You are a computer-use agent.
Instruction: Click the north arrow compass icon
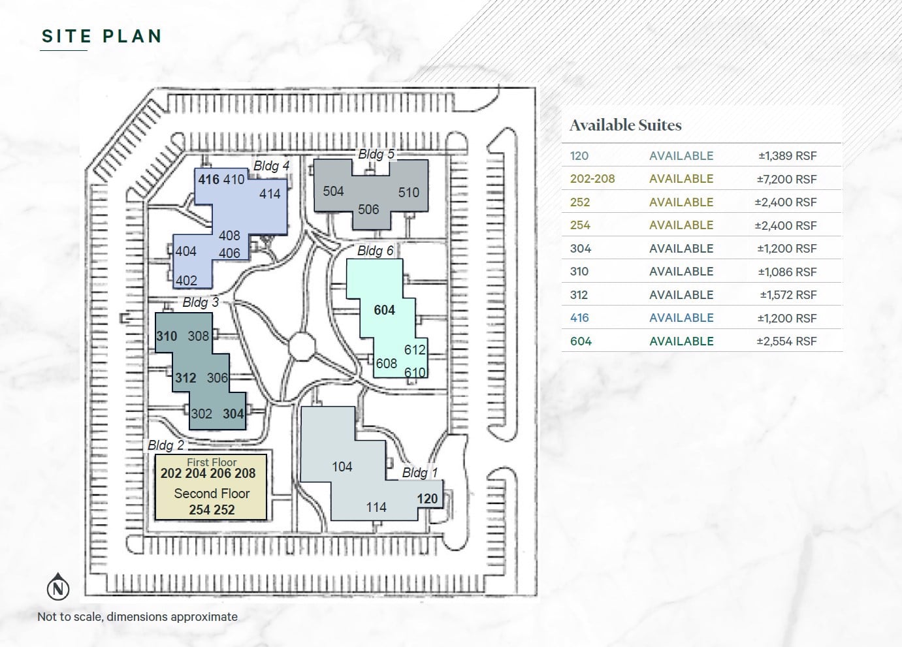click(x=59, y=587)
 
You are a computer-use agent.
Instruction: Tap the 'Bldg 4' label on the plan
click(x=271, y=166)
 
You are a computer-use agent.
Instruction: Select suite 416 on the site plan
click(x=209, y=179)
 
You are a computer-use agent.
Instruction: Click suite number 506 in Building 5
click(x=368, y=210)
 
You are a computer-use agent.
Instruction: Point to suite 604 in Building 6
click(x=384, y=310)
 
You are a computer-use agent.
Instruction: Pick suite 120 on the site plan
click(x=427, y=499)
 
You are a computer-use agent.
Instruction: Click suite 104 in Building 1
click(x=342, y=467)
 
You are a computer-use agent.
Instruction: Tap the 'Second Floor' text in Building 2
click(x=212, y=494)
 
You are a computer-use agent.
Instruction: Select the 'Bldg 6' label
click(x=376, y=251)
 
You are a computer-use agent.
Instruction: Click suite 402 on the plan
click(x=186, y=281)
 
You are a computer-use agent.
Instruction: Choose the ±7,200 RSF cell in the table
click(x=786, y=179)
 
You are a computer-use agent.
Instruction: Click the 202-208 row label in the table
click(x=592, y=179)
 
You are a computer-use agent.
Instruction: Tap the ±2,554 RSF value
click(x=786, y=341)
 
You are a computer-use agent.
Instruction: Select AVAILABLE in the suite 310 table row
click(x=681, y=272)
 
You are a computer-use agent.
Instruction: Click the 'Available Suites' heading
click(x=625, y=125)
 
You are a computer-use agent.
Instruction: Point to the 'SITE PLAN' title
click(x=101, y=37)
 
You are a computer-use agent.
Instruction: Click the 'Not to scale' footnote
click(x=137, y=617)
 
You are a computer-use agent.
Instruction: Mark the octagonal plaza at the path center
click(x=302, y=345)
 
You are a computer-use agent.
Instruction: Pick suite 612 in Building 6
click(x=415, y=350)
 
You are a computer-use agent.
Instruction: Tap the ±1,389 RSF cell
click(x=787, y=156)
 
